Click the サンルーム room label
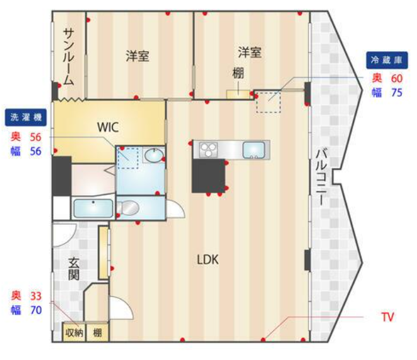coord(68,57)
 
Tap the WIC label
coord(108,127)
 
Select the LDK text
coord(208,260)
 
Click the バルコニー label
coord(321,177)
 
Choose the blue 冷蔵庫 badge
coord(387,60)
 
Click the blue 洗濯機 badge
coord(26,117)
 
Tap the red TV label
coord(387,317)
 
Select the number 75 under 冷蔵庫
coord(397,92)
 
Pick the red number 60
coord(397,78)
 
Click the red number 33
coord(35,296)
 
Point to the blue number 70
coord(35,310)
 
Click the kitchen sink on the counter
coord(254,150)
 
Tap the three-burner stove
coord(208,150)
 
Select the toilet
coord(128,207)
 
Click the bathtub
coord(93,208)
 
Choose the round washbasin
coord(154,155)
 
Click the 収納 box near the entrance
coord(74,332)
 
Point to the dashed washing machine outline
coord(128,158)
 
